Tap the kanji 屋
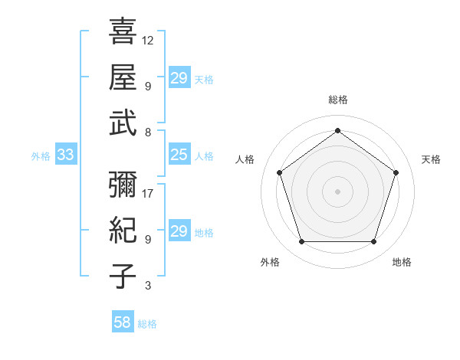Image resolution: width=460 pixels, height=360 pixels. click(x=123, y=77)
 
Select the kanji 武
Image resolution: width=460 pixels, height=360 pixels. click(x=123, y=123)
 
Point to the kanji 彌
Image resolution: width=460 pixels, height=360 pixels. click(x=123, y=185)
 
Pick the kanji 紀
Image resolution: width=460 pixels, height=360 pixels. click(x=123, y=230)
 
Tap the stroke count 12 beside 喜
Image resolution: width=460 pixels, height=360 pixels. click(x=148, y=40)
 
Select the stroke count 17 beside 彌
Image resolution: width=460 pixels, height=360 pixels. click(x=148, y=193)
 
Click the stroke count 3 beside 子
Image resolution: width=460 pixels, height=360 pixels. click(x=147, y=286)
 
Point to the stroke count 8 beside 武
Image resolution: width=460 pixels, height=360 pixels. click(x=147, y=132)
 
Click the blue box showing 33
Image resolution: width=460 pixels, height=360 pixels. click(x=65, y=155)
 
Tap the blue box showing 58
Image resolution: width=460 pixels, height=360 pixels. click(x=123, y=322)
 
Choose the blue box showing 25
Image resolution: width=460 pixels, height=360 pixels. click(x=179, y=155)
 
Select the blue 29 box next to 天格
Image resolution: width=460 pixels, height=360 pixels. click(x=179, y=77)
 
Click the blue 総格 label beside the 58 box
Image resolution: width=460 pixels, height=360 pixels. click(x=147, y=324)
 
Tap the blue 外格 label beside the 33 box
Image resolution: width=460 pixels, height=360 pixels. click(x=41, y=156)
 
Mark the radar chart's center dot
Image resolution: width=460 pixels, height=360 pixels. click(x=337, y=191)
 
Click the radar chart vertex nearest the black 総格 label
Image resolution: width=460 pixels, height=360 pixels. click(x=337, y=130)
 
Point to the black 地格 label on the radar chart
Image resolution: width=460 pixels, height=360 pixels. click(x=402, y=263)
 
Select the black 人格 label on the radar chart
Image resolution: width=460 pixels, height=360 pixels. click(x=245, y=159)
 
